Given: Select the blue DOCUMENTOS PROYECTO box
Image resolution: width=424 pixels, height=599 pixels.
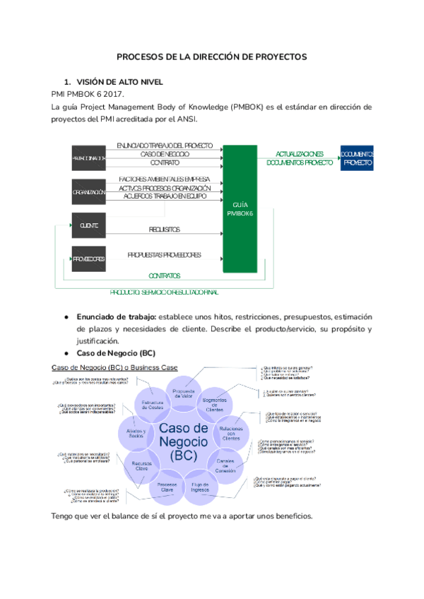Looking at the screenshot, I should tap(358, 158).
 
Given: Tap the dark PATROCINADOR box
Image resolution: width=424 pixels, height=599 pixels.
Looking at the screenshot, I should tap(88, 158).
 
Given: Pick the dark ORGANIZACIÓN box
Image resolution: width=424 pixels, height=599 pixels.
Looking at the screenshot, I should tap(88, 191).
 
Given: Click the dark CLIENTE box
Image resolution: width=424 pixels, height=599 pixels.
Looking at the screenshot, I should tap(88, 225).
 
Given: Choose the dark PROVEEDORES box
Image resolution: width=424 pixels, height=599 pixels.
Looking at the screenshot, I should tap(88, 259).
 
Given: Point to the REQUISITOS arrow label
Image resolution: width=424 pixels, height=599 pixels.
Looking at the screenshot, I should tap(165, 230).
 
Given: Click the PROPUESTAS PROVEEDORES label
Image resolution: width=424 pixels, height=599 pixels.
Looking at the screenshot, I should tap(164, 254).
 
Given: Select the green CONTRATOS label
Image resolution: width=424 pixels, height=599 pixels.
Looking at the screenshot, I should tap(164, 275).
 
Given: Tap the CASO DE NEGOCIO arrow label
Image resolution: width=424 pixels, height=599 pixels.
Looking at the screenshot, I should tap(165, 153).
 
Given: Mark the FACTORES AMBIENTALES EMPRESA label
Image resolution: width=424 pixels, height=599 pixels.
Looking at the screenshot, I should tap(165, 179).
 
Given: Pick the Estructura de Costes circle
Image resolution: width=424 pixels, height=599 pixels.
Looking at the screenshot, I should tap(153, 404).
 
